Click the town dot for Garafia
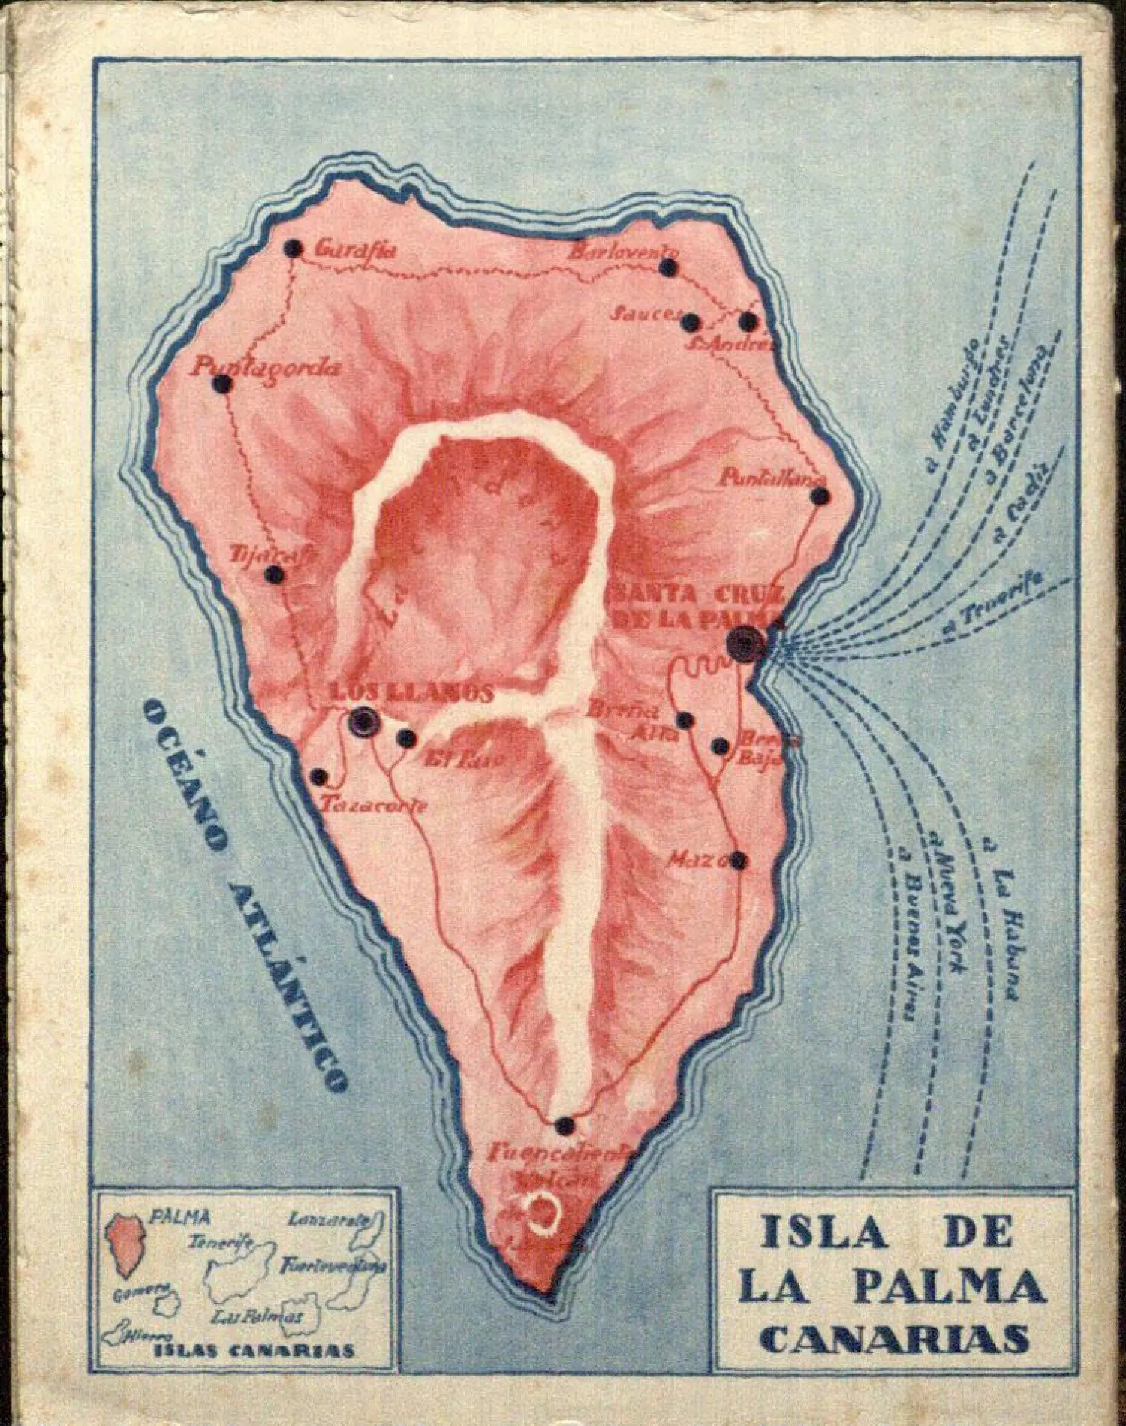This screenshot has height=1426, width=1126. (294, 248)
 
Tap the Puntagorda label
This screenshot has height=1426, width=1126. (266, 368)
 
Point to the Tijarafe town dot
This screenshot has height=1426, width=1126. (274, 576)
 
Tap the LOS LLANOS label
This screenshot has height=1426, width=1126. (411, 693)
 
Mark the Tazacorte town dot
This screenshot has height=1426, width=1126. (319, 776)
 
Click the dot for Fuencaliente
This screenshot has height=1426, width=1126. (565, 1147)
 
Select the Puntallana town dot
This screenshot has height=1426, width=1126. (821, 496)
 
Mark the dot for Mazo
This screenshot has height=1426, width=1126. (739, 861)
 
